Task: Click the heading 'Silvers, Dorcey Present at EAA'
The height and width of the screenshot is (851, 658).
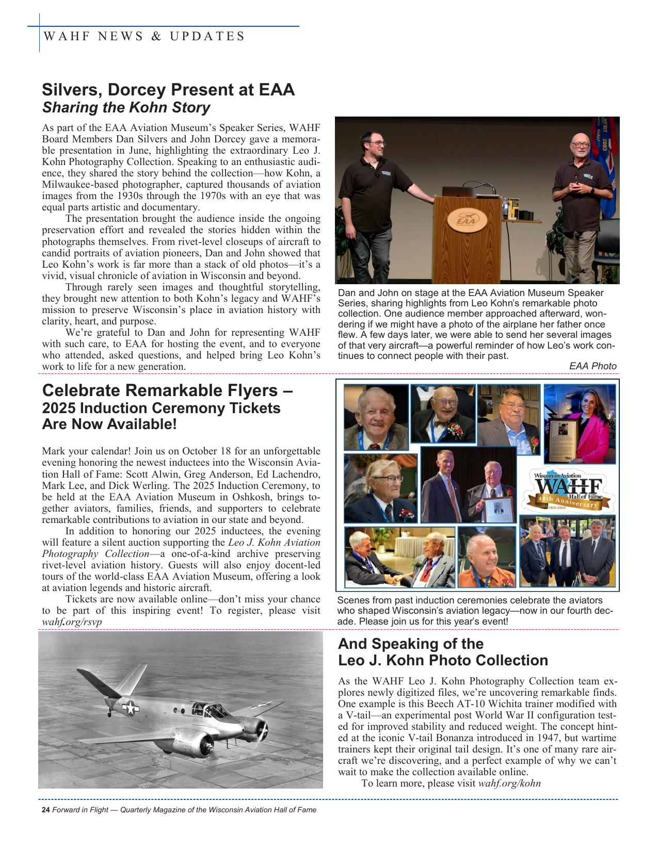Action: click(168, 90)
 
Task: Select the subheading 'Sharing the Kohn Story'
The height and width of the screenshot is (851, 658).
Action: click(126, 108)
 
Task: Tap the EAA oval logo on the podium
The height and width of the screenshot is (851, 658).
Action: click(467, 220)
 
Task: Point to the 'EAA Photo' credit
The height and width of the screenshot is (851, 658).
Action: click(592, 366)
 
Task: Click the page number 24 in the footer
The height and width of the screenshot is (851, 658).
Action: click(45, 810)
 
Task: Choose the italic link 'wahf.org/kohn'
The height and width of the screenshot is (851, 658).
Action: click(509, 783)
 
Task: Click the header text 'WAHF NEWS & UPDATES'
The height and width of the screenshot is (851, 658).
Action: click(145, 36)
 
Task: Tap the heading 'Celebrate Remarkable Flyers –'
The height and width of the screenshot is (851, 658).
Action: click(167, 390)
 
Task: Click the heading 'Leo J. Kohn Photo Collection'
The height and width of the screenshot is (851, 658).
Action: click(443, 660)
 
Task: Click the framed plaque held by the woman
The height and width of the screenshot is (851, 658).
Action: click(561, 438)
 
